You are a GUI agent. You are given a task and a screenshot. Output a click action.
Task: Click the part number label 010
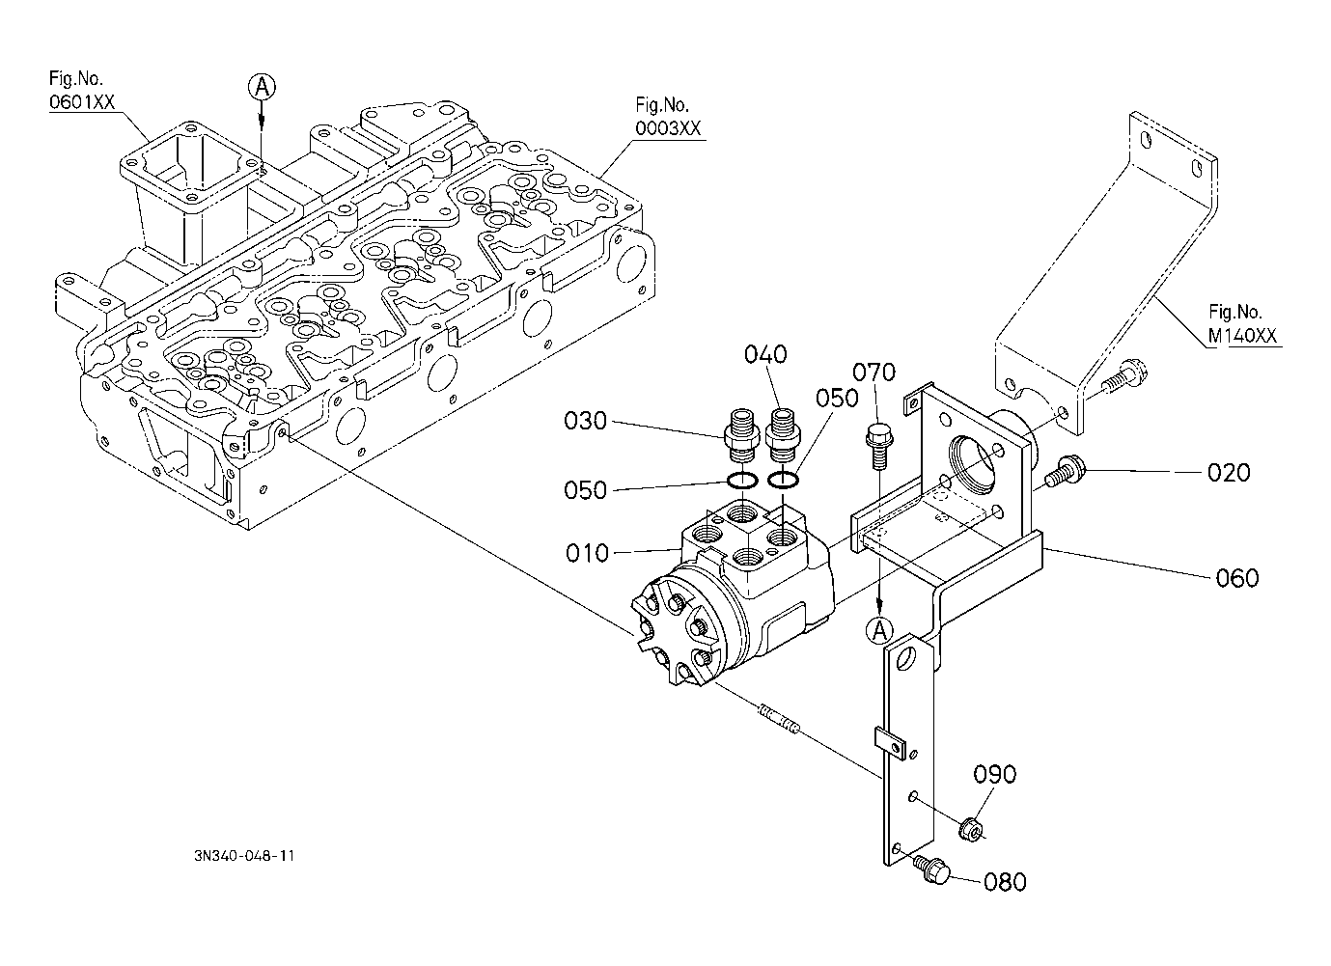click(588, 552)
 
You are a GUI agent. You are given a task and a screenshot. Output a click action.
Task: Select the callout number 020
click(1229, 473)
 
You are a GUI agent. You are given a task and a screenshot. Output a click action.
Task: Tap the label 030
click(586, 422)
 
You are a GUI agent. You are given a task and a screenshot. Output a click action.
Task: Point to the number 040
click(765, 355)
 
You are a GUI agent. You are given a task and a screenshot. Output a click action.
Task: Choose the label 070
click(874, 372)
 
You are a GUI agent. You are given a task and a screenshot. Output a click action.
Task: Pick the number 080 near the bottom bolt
click(1005, 882)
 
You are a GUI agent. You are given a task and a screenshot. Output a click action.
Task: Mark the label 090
click(994, 775)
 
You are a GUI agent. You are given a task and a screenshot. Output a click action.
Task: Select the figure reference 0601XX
click(75, 101)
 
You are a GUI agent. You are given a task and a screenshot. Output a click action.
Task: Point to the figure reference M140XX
click(1244, 336)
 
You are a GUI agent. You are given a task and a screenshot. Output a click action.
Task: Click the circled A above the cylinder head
click(262, 87)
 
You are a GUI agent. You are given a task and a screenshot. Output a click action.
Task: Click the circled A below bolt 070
click(879, 631)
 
